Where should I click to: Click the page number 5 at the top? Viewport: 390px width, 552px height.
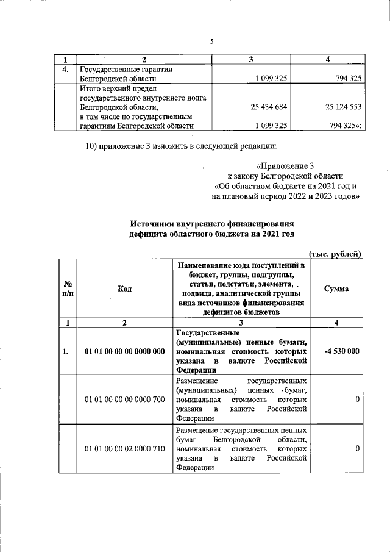pos(211,41)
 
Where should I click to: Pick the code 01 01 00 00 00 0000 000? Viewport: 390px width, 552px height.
pos(125,351)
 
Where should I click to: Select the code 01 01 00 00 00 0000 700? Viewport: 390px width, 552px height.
pos(125,399)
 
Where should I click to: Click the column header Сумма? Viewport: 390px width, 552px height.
pos(336,289)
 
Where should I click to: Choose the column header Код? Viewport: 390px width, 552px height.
pos(125,289)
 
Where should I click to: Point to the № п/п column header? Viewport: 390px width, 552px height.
pos(68,289)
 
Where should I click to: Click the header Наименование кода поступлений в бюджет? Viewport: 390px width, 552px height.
pos(241,266)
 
